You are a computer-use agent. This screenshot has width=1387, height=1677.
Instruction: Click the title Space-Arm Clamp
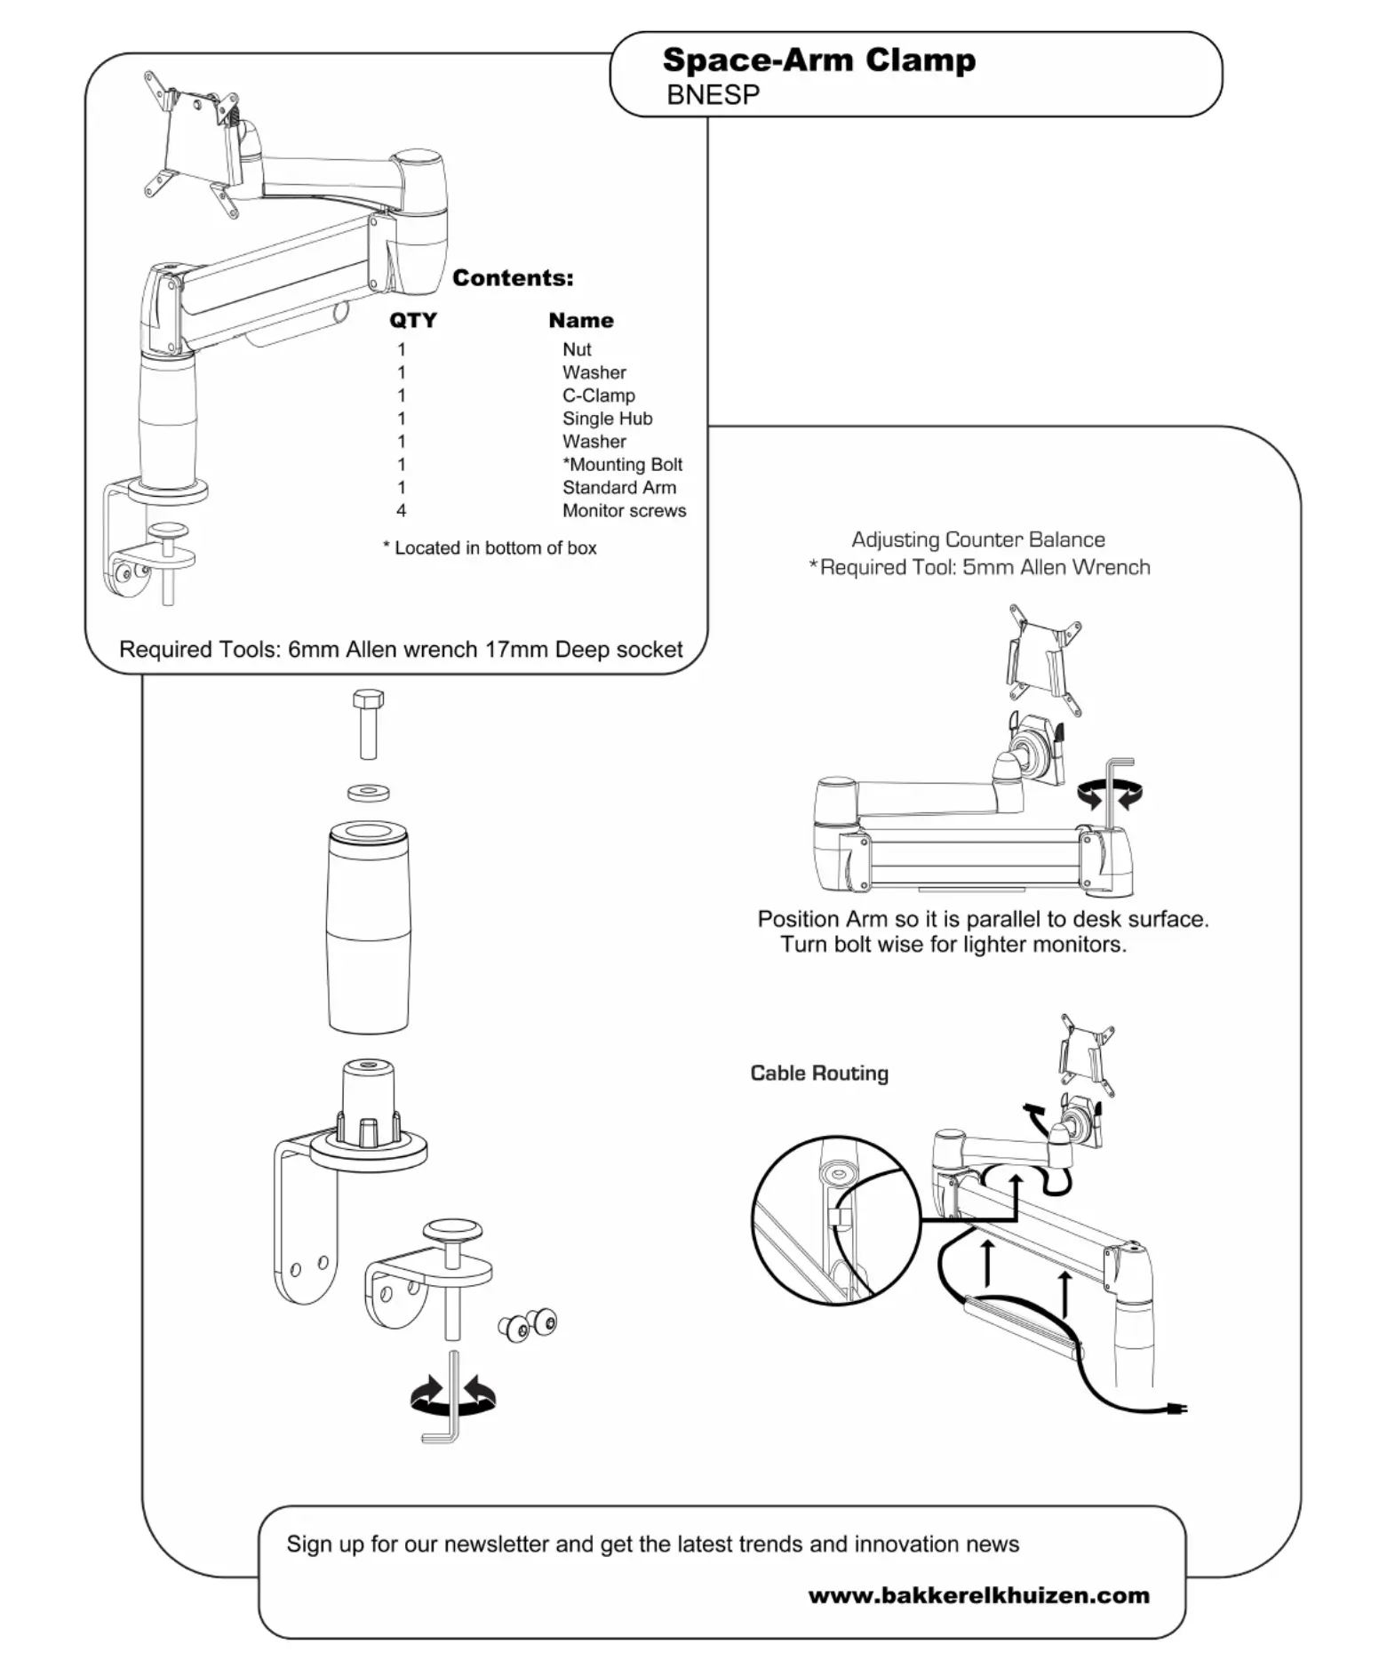tap(818, 60)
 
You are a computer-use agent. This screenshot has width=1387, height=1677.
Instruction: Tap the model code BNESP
tap(713, 95)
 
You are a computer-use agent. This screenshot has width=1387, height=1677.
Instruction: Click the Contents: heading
tap(513, 278)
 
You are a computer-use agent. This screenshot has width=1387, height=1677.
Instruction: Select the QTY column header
tap(413, 320)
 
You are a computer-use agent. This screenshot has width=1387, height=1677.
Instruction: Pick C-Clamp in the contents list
tap(598, 395)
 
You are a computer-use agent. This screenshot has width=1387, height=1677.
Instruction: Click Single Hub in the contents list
tap(607, 419)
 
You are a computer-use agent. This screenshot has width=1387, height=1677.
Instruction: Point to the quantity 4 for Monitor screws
tap(402, 511)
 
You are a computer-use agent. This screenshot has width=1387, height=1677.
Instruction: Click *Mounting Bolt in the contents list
tap(622, 465)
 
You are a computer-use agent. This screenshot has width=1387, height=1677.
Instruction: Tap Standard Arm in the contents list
tap(618, 488)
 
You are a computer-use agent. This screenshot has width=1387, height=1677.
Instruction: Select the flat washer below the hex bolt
tap(369, 791)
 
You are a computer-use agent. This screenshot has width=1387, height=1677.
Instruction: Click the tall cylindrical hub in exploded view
tap(369, 928)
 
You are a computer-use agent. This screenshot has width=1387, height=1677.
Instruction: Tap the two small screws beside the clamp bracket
tap(528, 1325)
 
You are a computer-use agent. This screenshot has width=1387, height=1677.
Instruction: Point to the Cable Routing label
tap(818, 1073)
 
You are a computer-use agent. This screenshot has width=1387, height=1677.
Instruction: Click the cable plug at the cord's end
tap(1178, 1408)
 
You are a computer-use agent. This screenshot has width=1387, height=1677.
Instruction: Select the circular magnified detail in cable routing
tap(835, 1219)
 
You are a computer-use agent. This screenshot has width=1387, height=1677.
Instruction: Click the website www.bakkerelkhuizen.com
tap(978, 1594)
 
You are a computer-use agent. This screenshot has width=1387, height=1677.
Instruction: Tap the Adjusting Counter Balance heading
tap(977, 539)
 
